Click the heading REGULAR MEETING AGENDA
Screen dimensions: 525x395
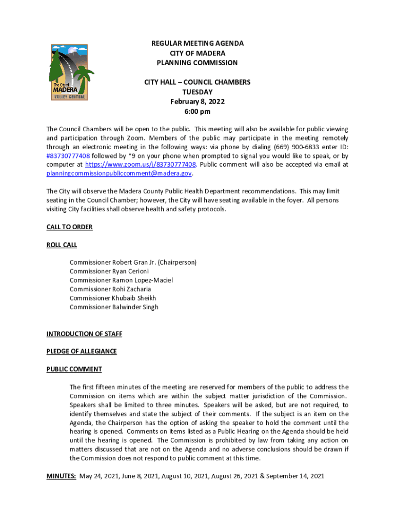197,44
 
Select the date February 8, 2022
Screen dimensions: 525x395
197,102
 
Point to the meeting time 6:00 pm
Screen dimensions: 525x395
197,112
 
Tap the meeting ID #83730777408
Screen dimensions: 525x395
68,155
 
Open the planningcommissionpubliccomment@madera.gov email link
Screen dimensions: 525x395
119,174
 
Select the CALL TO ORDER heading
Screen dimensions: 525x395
69,227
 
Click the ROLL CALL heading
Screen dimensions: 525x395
62,245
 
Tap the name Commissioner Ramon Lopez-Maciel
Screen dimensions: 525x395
121,280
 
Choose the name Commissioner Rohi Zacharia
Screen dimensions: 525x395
110,289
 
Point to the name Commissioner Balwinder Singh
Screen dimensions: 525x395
114,307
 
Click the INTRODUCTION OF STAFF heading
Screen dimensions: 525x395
84,334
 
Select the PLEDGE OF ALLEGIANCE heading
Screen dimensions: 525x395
82,352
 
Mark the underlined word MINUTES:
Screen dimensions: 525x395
62,476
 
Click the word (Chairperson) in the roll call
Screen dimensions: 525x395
177,262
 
